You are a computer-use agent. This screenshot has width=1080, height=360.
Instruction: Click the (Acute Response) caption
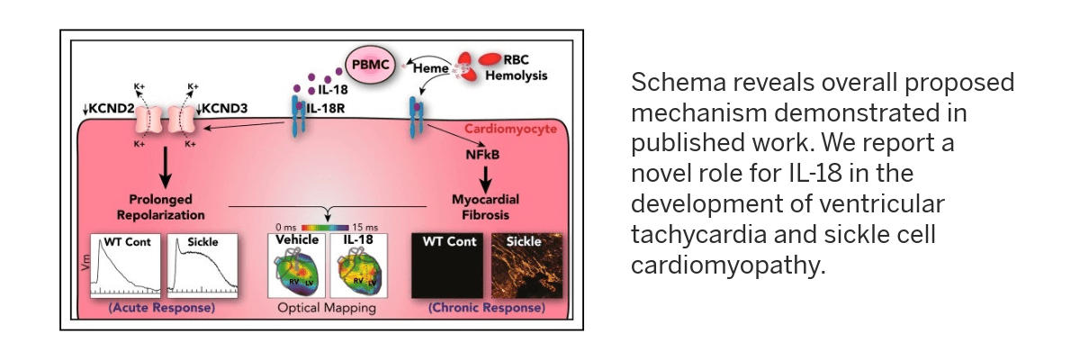[162, 308]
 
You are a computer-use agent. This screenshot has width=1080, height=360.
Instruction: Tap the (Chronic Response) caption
[487, 308]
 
